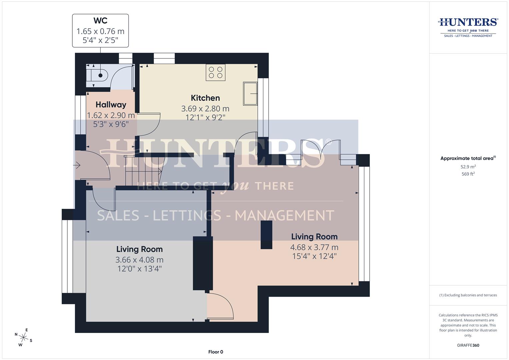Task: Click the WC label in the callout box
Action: [100, 21]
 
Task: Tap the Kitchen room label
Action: [205, 98]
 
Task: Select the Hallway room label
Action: [111, 105]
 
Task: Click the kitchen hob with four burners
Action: [215, 72]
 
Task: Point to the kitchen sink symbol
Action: [250, 94]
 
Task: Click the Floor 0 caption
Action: [215, 352]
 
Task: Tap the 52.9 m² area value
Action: [468, 167]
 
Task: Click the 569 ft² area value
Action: [468, 174]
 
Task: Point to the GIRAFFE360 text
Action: [468, 345]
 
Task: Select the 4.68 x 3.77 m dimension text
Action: [314, 247]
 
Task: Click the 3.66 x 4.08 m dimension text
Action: [139, 260]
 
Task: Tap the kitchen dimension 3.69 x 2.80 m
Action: [205, 109]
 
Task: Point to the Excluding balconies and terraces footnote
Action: [468, 295]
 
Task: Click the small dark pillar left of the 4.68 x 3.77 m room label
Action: [266, 235]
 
